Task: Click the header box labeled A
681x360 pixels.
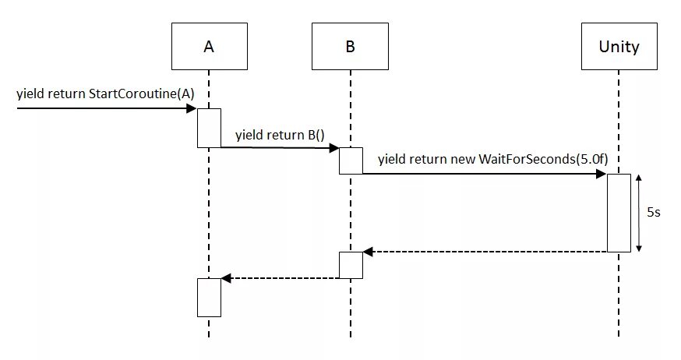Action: tap(210, 47)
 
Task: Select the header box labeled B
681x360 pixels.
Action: tap(350, 47)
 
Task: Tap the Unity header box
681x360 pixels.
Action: tap(619, 47)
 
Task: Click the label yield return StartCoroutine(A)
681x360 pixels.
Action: tap(105, 94)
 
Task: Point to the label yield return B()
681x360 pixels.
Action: tap(281, 135)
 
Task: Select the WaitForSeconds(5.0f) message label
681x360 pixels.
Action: tap(493, 159)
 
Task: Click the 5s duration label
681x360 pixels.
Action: tap(654, 213)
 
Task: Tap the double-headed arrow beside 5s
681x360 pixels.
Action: tap(638, 213)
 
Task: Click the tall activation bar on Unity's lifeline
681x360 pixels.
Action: tap(619, 213)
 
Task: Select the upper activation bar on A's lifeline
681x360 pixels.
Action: tap(210, 128)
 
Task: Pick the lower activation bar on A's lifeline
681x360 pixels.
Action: tap(210, 298)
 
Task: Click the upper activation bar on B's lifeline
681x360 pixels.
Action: tap(351, 161)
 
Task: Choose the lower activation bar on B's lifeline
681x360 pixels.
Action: tap(351, 265)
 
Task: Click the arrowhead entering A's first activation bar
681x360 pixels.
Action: tap(192, 108)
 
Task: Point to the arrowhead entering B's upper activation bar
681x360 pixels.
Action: tap(334, 148)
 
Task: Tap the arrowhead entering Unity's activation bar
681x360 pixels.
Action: tap(602, 174)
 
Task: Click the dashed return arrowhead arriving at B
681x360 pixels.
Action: tap(368, 252)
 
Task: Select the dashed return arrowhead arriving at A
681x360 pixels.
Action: tap(226, 278)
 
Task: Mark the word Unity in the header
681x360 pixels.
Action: tap(619, 47)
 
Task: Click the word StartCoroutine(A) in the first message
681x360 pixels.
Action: tap(142, 94)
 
